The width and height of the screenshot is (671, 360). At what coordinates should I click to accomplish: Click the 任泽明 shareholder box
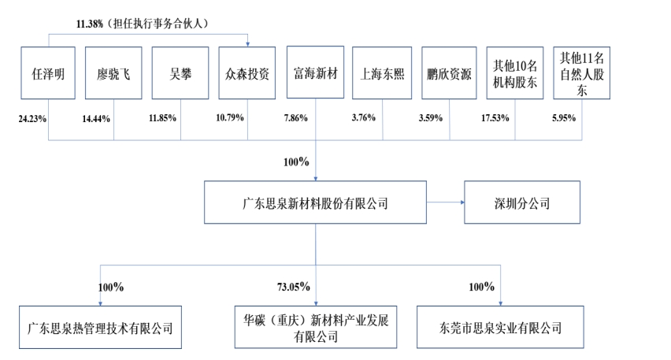pos(47,73)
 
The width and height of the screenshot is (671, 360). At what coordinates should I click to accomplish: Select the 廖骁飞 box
pos(113,73)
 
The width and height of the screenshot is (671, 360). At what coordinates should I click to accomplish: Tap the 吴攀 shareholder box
pos(180,73)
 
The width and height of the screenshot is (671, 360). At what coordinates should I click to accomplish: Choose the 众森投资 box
pos(247,73)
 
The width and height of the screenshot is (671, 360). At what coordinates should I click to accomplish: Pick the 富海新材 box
pos(315,73)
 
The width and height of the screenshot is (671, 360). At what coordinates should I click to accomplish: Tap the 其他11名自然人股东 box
pos(583,73)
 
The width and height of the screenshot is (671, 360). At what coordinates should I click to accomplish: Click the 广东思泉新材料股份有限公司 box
pos(315,203)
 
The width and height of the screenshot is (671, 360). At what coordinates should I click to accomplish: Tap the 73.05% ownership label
pos(292,287)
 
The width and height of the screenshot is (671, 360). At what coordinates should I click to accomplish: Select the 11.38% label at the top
pos(90,24)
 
